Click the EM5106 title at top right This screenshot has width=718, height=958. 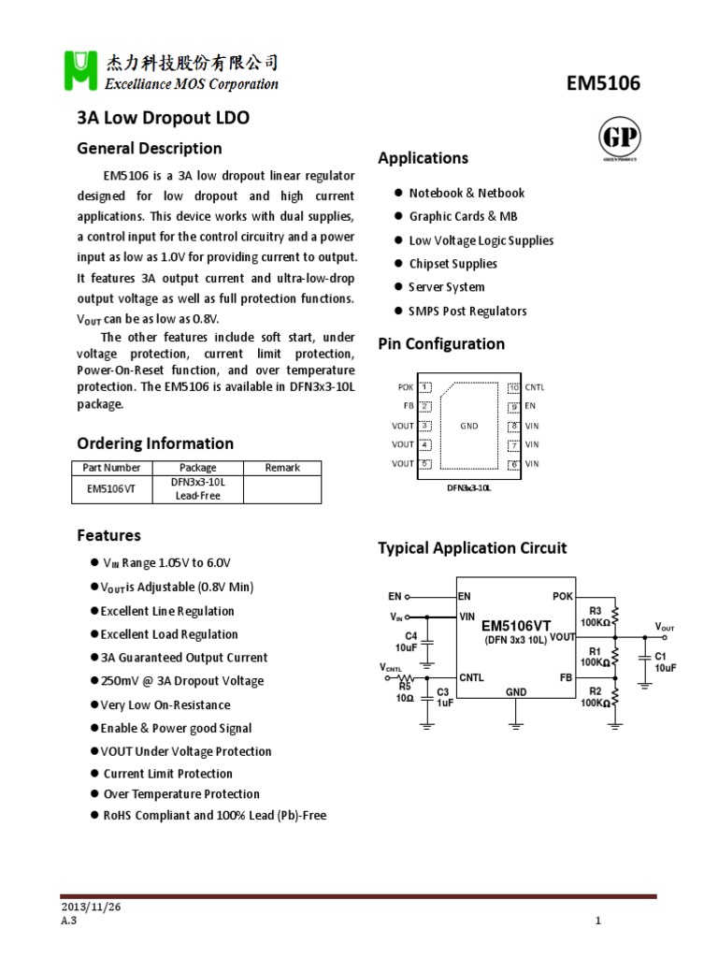click(x=604, y=83)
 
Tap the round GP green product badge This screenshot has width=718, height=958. click(x=619, y=139)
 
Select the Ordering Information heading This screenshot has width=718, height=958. click(x=154, y=443)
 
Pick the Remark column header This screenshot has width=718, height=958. click(x=282, y=467)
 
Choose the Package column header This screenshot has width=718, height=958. click(x=197, y=467)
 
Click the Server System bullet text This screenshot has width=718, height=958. click(x=446, y=287)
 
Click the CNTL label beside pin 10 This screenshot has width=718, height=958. click(x=534, y=386)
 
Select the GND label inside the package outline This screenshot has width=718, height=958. click(x=469, y=426)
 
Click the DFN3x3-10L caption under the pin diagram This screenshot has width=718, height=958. click(x=468, y=487)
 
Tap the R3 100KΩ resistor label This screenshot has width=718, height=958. click(x=595, y=617)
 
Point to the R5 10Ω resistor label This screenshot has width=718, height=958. click(x=404, y=692)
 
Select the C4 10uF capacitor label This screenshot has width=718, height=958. click(x=405, y=641)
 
